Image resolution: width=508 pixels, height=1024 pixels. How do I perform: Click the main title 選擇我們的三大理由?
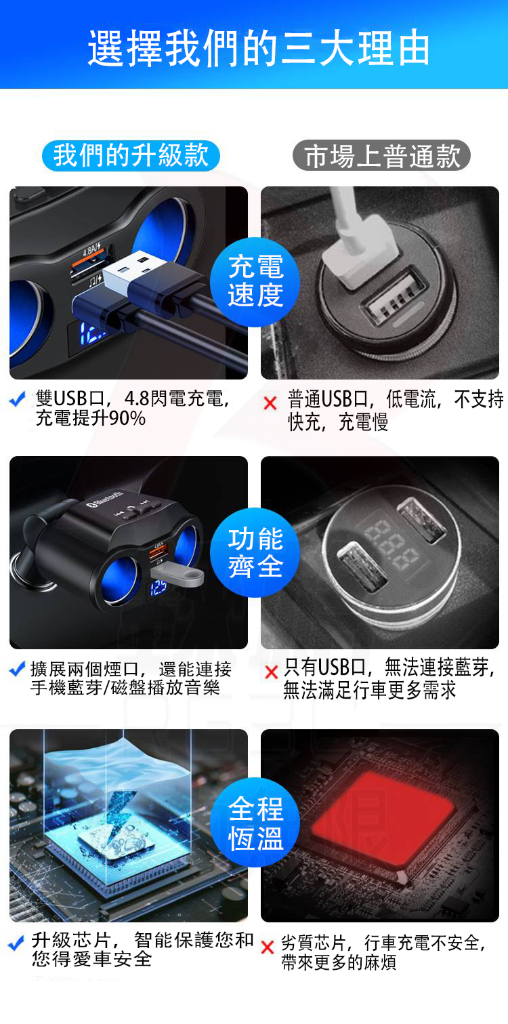click(x=259, y=47)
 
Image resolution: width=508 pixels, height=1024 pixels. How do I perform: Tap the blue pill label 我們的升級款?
click(x=131, y=155)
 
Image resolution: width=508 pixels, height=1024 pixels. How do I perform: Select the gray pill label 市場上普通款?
click(x=381, y=155)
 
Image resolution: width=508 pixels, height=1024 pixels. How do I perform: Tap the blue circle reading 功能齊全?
click(x=255, y=553)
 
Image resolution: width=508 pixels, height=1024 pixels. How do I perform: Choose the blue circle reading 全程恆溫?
click(x=255, y=823)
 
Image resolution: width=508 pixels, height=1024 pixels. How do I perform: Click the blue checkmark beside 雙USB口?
click(x=18, y=400)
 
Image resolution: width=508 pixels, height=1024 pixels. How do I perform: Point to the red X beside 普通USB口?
click(x=270, y=403)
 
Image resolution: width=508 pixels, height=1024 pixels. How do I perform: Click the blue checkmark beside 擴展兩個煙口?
click(x=17, y=670)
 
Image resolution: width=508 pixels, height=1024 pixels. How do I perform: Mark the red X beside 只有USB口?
click(x=272, y=672)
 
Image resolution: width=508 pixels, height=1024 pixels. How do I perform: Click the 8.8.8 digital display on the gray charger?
click(x=391, y=544)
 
